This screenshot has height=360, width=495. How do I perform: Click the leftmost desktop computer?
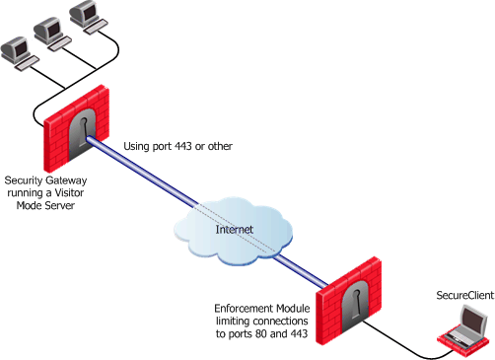click(16, 49)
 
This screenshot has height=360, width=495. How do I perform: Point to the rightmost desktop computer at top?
click(86, 16)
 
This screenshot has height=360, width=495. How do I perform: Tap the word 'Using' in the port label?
click(138, 149)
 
